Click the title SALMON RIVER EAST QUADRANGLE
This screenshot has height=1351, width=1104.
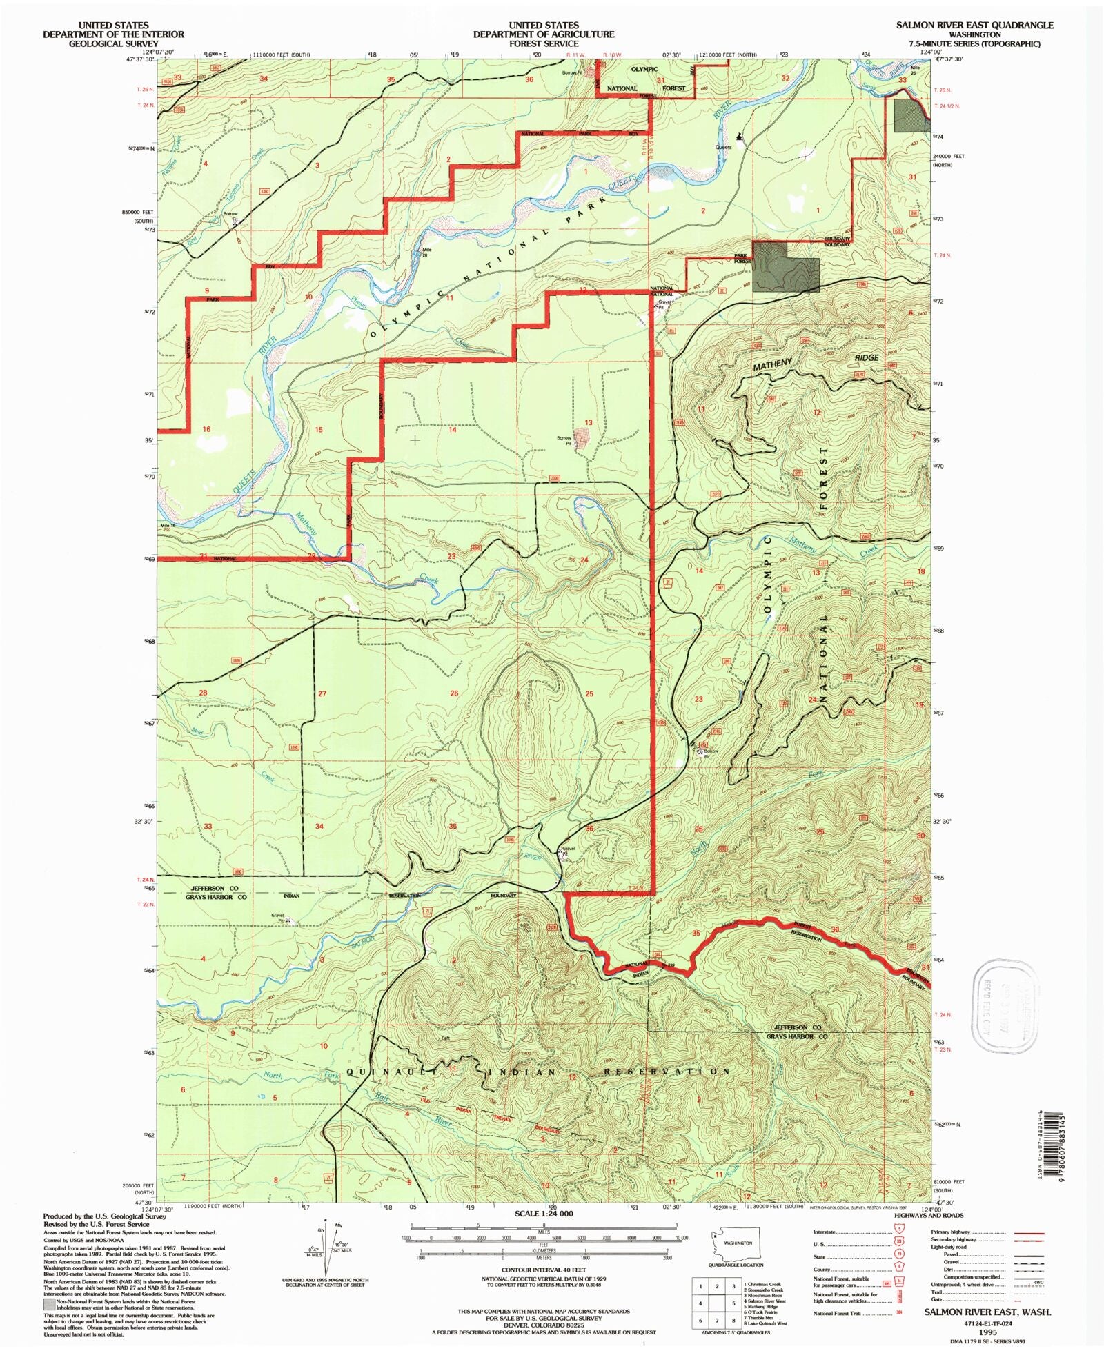click(x=974, y=25)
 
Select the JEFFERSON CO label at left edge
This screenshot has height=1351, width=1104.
click(x=215, y=888)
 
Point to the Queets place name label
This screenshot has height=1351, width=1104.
click(x=723, y=147)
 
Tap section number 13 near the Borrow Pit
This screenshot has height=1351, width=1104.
click(x=589, y=422)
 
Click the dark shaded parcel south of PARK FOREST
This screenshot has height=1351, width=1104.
click(x=785, y=266)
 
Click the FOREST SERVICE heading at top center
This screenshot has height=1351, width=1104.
click(x=544, y=43)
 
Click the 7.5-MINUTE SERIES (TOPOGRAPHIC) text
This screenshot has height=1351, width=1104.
click(x=974, y=43)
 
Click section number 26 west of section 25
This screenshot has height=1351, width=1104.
click(x=454, y=693)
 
